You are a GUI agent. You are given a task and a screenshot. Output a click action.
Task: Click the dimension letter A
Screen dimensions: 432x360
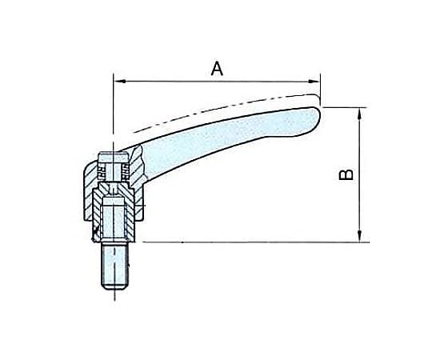[217, 69]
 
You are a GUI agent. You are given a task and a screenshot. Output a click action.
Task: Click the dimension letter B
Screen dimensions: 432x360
[346, 174]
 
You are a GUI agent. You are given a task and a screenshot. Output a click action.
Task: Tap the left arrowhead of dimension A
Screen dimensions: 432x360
[119, 82]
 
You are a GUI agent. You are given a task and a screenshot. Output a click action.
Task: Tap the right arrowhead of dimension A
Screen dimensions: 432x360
[314, 82]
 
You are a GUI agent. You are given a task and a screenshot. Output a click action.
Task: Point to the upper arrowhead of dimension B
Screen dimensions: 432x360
[359, 114]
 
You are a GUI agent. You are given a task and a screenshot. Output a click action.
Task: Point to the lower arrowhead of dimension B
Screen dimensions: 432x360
[359, 236]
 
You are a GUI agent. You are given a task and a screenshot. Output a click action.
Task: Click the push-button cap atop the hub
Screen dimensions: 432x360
[113, 157]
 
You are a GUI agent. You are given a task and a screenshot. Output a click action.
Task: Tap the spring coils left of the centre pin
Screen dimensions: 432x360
[102, 171]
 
